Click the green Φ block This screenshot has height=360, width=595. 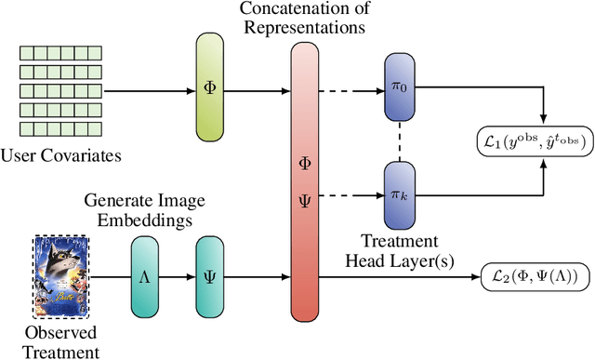click(210, 90)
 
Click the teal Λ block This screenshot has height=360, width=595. click(145, 276)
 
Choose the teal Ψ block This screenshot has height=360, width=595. click(210, 276)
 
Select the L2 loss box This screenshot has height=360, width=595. click(532, 276)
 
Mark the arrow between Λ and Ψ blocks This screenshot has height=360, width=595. click(178, 276)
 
